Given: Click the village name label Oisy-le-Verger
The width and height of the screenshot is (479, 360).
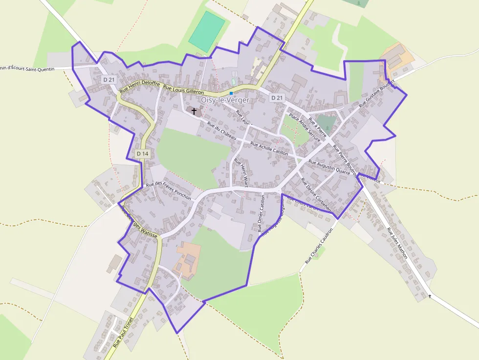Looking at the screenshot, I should coord(225,100).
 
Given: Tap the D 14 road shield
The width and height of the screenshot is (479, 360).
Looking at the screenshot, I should coord(142,154).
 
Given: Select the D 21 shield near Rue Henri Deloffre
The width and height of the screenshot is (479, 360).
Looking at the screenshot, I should coord(109,80).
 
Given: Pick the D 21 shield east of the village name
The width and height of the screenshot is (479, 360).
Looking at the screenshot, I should coord(277,98).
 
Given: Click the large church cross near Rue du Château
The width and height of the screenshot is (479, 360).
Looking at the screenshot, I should coord(194,111).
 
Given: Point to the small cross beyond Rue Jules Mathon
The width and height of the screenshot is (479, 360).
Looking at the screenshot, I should coord(430,296).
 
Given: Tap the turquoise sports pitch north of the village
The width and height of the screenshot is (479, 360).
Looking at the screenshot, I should coord(207,31).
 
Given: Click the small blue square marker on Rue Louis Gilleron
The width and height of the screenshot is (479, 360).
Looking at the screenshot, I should coord(231,93).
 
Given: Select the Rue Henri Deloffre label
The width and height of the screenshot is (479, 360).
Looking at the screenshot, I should coord(140,87).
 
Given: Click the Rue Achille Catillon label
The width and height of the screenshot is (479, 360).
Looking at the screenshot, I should coord(269,148).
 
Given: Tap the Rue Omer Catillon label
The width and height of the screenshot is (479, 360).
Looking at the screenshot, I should coord(261,213).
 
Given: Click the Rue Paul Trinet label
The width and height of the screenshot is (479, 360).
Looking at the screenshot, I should coord(123,332).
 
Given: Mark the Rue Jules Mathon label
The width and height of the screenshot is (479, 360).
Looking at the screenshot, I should coord(397,243).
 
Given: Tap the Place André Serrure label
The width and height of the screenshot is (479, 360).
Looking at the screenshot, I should coord(305,127).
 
